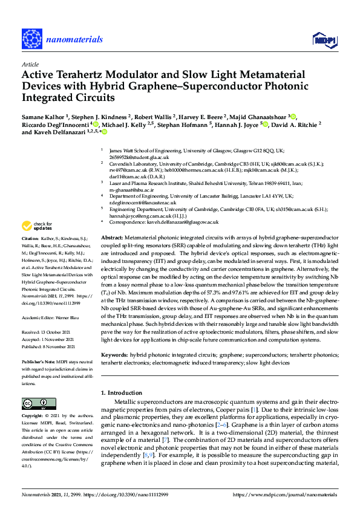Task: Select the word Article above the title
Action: [x=30, y=63]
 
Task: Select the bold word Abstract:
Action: [x=113, y=239]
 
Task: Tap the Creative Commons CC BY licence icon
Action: [x=39, y=403]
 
